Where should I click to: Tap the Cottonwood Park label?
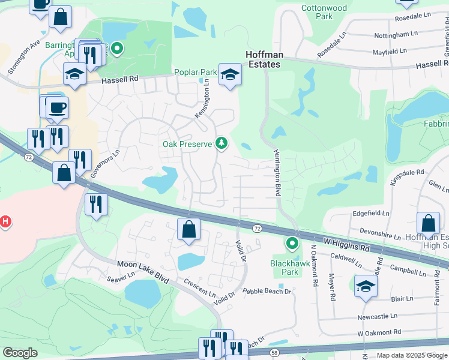[325, 12]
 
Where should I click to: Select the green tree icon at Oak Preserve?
[222, 143]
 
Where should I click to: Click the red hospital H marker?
[5, 222]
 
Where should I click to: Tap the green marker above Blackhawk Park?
[292, 243]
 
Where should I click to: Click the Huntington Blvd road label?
[277, 170]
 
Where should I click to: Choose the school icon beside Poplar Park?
[229, 75]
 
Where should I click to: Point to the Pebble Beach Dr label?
[267, 292]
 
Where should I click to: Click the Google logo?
[20, 353]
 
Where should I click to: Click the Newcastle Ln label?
[377, 316]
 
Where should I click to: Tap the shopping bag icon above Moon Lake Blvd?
[188, 229]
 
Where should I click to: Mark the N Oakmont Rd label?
[313, 266]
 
